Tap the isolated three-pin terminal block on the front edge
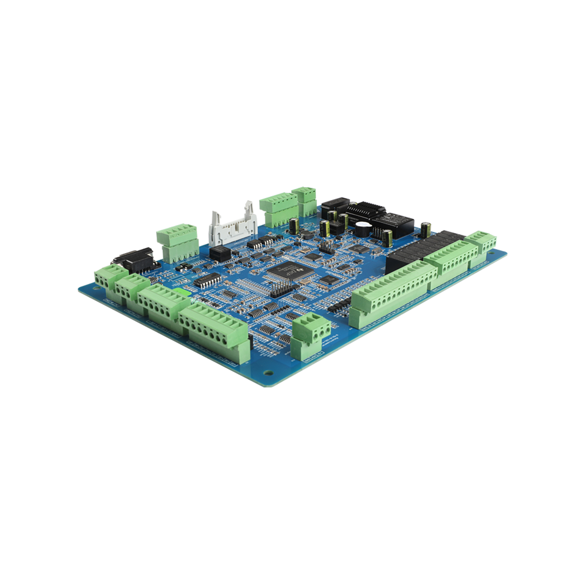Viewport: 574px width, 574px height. (x=311, y=334)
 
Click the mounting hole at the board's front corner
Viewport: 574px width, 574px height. (x=267, y=373)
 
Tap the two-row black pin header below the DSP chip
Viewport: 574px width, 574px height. (x=282, y=289)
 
